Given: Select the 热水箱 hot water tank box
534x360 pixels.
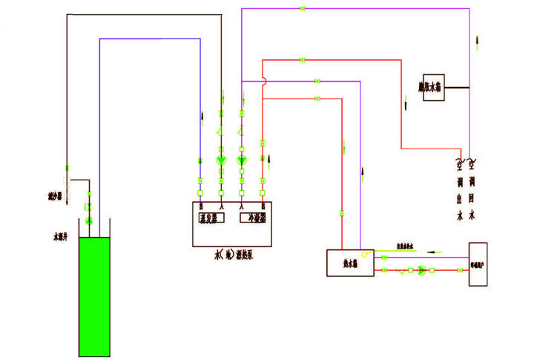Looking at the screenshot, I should tap(343, 263).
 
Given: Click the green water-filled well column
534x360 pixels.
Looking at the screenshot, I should tap(94, 296).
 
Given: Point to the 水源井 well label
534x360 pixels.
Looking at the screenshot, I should tap(60, 238).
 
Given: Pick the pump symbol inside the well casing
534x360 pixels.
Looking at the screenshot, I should tap(88, 221).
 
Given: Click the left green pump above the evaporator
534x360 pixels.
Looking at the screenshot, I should tap(221, 160).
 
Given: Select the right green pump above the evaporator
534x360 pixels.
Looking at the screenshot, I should tap(241, 160).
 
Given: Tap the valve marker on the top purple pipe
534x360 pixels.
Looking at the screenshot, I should tap(302, 8).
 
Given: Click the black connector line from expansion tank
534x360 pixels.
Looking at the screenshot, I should tap(457, 88).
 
